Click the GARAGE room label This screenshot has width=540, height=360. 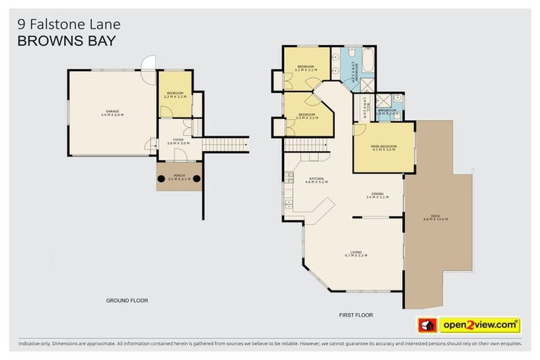[112, 112]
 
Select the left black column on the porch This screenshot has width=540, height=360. [162, 179]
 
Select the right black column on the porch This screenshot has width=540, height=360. [196, 179]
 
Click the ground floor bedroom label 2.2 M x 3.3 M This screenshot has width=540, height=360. [174, 94]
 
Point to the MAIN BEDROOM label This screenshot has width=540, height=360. [384, 148]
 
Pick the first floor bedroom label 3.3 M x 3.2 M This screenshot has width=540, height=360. [307, 116]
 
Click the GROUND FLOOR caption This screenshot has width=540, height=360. [127, 300]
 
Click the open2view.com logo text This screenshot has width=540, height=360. [480, 325]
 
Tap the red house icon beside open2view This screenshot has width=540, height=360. [427, 325]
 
